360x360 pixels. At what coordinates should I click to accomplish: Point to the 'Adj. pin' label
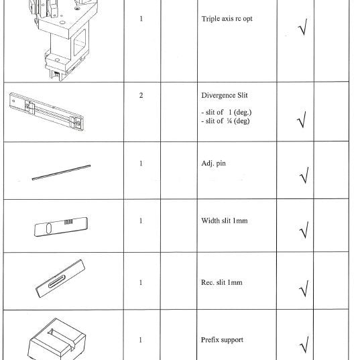click(x=214, y=163)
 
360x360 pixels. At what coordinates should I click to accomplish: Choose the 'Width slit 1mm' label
click(x=225, y=221)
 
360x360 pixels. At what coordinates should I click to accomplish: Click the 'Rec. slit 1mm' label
click(x=222, y=282)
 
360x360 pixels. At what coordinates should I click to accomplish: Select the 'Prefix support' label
click(x=223, y=340)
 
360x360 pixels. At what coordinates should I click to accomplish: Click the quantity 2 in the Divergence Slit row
click(x=141, y=95)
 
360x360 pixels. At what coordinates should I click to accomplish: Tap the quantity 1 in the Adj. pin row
click(x=141, y=163)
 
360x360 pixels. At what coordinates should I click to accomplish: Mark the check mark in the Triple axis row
click(x=301, y=30)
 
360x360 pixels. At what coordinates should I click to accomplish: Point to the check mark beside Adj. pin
click(x=301, y=176)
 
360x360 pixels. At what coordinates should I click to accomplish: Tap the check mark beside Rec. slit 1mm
click(x=301, y=290)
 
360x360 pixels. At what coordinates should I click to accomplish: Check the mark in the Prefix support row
click(x=301, y=346)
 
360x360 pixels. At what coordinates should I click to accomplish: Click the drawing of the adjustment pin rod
click(x=62, y=170)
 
